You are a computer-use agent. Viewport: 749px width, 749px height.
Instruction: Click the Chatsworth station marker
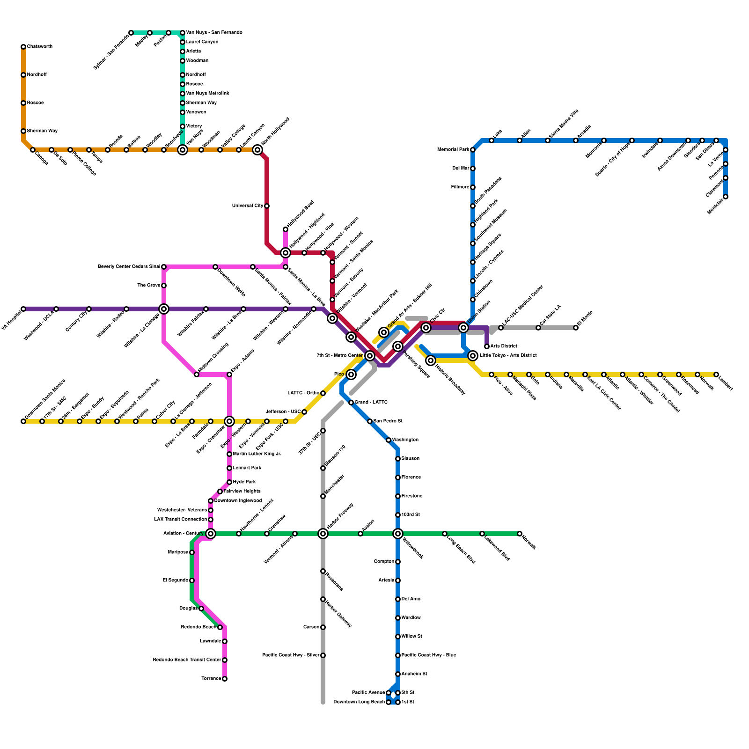coord(23,47)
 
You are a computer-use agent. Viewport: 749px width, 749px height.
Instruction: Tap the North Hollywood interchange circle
coord(257,150)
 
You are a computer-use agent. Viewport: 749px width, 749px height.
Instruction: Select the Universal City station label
coord(248,206)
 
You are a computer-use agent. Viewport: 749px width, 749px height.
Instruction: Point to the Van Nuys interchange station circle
coord(183,150)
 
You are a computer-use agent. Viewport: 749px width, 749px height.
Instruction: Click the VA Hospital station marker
coord(23,309)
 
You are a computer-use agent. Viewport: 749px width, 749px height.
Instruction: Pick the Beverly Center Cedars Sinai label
coord(129,267)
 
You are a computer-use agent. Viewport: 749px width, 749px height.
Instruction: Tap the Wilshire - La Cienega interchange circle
coord(164,309)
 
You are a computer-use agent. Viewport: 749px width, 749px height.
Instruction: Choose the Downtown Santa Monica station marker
coord(23,421)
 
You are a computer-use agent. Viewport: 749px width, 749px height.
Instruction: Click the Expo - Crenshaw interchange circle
coord(229,421)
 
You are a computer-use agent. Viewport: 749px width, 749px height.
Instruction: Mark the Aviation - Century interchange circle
coord(211,534)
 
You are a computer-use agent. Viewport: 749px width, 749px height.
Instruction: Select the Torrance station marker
coord(225,679)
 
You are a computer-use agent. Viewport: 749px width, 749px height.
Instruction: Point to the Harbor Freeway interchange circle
coord(323,534)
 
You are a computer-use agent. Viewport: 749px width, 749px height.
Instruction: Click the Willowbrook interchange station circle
coord(398,534)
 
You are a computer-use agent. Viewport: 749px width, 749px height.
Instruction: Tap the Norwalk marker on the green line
coord(520,534)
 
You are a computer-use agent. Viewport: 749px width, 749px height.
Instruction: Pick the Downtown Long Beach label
coord(359,702)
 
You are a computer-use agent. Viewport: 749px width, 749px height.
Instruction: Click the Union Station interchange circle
coord(463,328)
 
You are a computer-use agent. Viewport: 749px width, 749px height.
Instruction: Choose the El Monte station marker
coord(576,328)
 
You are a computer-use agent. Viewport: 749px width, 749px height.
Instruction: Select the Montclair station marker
coord(726,197)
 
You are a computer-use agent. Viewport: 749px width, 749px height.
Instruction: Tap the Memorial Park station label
coord(453,150)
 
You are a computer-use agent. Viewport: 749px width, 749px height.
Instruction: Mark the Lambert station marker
coord(716,374)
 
